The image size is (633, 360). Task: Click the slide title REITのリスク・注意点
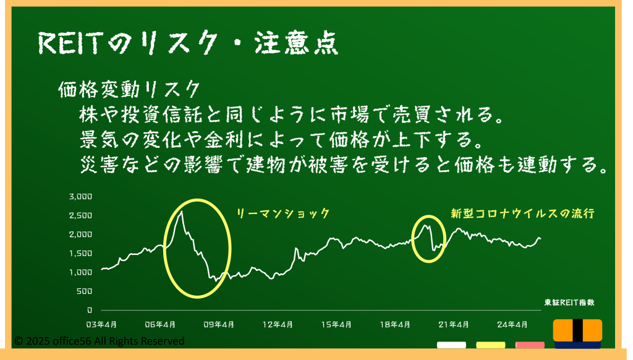tap(188, 43)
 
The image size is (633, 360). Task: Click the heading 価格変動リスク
tap(129, 89)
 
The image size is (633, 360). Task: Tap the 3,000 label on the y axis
tap(81, 197)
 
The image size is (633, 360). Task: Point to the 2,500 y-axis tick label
tap(81, 215)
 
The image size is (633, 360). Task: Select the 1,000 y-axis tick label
tap(81, 272)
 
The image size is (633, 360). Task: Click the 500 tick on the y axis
tap(84, 291)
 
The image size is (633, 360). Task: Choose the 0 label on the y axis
tap(90, 311)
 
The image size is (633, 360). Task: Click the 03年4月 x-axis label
tap(101, 325)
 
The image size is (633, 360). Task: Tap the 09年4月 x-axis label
tap(218, 325)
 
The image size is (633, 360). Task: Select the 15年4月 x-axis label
tap(336, 325)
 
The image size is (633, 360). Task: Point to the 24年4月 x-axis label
tap(512, 325)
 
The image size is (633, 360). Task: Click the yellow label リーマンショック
tap(283, 213)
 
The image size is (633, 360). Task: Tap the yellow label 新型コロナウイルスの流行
tap(522, 213)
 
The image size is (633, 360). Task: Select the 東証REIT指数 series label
tap(569, 302)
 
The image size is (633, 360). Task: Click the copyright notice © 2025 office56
tap(100, 341)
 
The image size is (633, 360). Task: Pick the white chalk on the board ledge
tap(451, 345)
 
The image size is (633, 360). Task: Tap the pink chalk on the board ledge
tap(530, 345)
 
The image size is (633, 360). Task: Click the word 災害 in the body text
tap(99, 165)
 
